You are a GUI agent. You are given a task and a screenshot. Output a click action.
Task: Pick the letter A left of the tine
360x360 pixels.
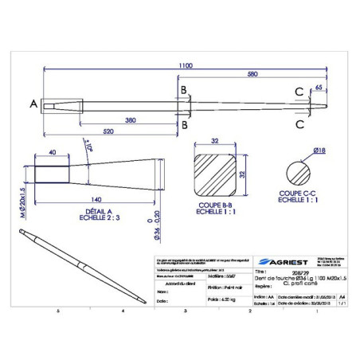click(x=33, y=104)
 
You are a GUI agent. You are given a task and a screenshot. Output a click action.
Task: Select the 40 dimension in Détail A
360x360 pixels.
click(x=52, y=151)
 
